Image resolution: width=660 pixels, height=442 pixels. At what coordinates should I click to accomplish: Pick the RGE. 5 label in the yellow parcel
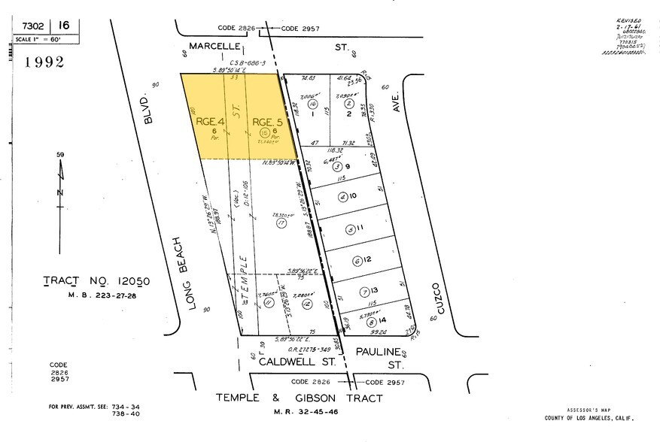point(267,121)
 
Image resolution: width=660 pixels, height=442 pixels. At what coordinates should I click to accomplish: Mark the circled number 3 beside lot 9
point(338,167)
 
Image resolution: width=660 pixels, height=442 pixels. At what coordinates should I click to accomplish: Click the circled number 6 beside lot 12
point(357,261)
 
